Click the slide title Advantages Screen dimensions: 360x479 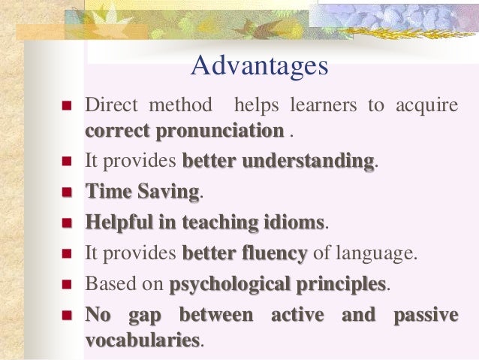point(260,66)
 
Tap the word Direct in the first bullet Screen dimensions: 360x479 point(110,104)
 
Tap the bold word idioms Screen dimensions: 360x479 point(295,222)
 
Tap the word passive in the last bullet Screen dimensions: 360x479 point(425,315)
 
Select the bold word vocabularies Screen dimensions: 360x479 point(143,340)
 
